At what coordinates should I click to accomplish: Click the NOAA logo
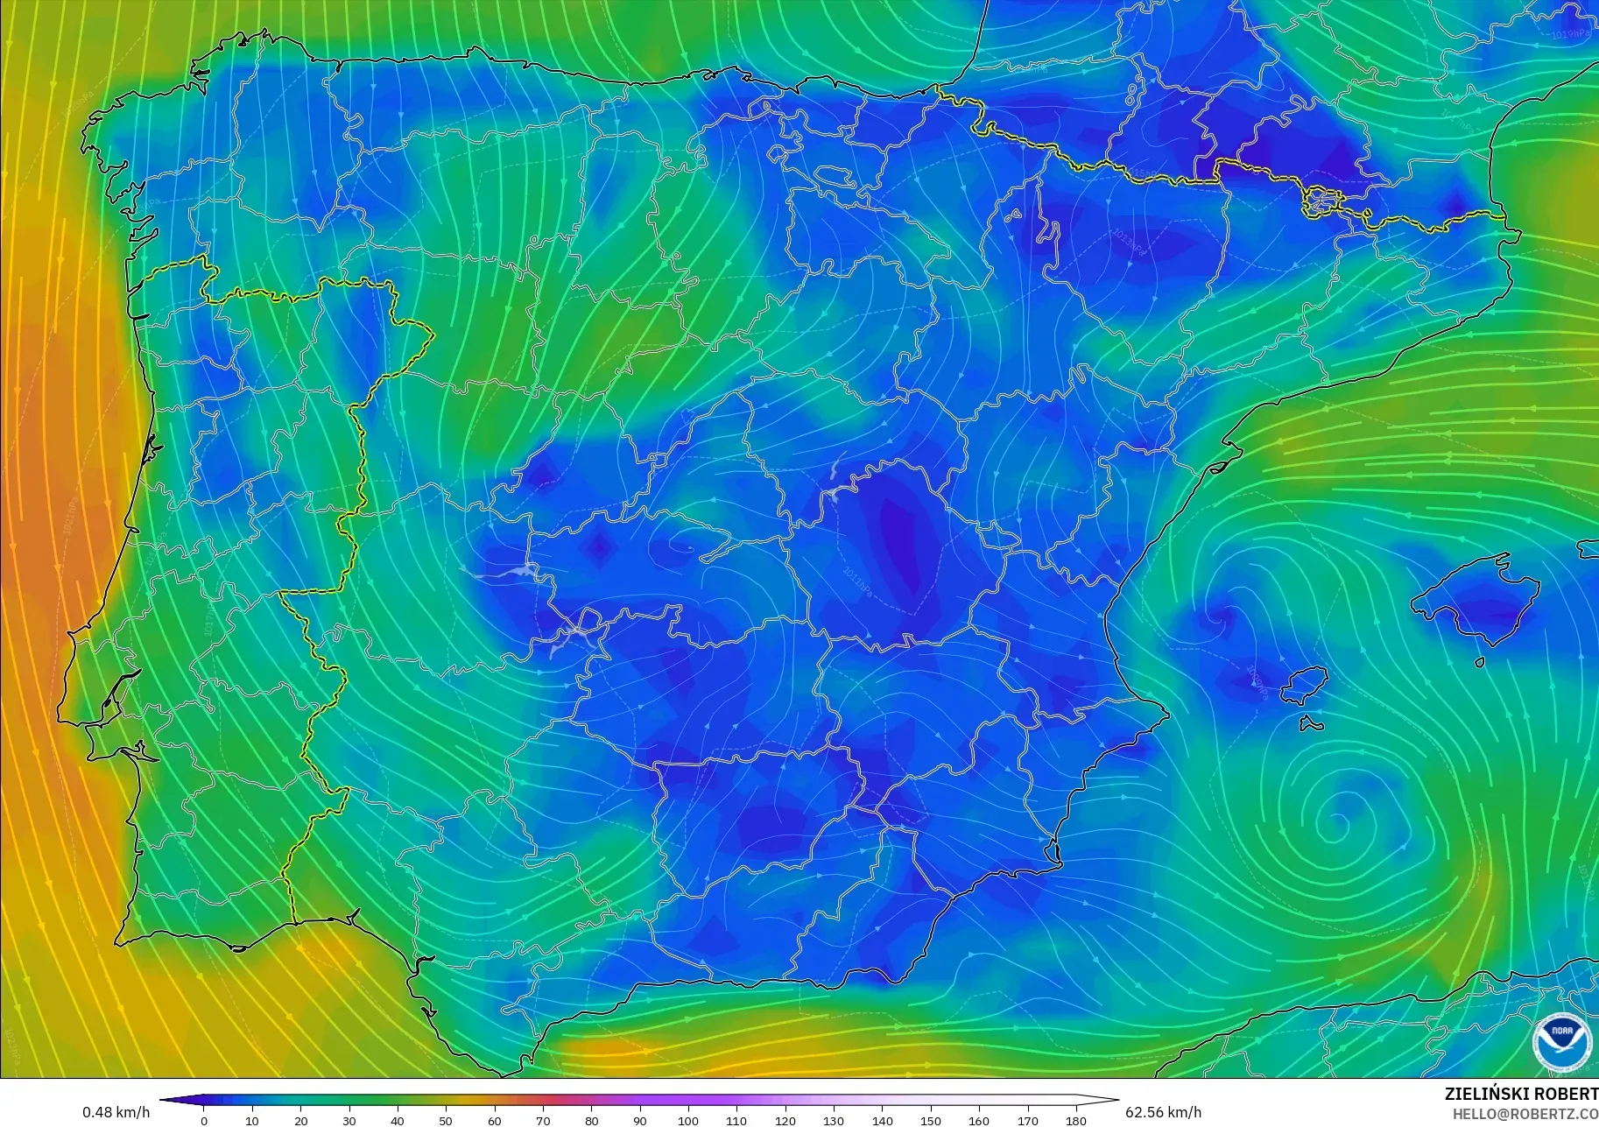coord(1562,1041)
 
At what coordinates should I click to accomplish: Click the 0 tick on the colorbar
coord(204,1112)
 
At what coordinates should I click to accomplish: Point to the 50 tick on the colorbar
coord(447,1112)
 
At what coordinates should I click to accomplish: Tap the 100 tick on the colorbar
coord(688,1112)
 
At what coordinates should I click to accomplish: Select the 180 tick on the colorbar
coord(1076,1112)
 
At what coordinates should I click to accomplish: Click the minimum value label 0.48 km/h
coord(116,1112)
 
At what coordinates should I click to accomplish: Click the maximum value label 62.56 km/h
coord(1163,1112)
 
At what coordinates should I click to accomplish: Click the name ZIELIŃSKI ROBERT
coord(1520,1094)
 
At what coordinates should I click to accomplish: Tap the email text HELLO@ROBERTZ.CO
coord(1525,1114)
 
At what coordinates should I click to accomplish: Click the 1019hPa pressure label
coord(1569,35)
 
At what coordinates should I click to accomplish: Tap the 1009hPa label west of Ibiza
coord(1257,683)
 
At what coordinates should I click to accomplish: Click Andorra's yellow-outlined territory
coord(1320,202)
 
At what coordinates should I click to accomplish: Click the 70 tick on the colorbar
coord(543,1112)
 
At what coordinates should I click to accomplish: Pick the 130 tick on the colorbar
coord(834,1112)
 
